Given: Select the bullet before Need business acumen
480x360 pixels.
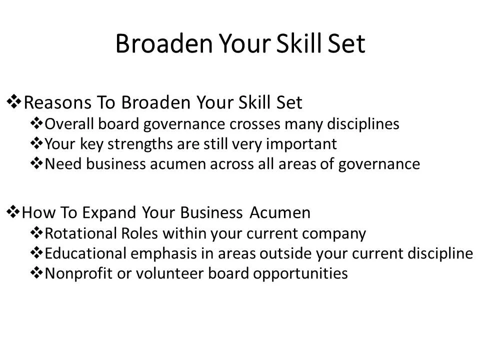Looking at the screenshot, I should point(37,163).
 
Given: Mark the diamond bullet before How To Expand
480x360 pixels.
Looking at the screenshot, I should point(13,212).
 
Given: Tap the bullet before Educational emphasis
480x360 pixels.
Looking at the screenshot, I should point(37,253).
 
